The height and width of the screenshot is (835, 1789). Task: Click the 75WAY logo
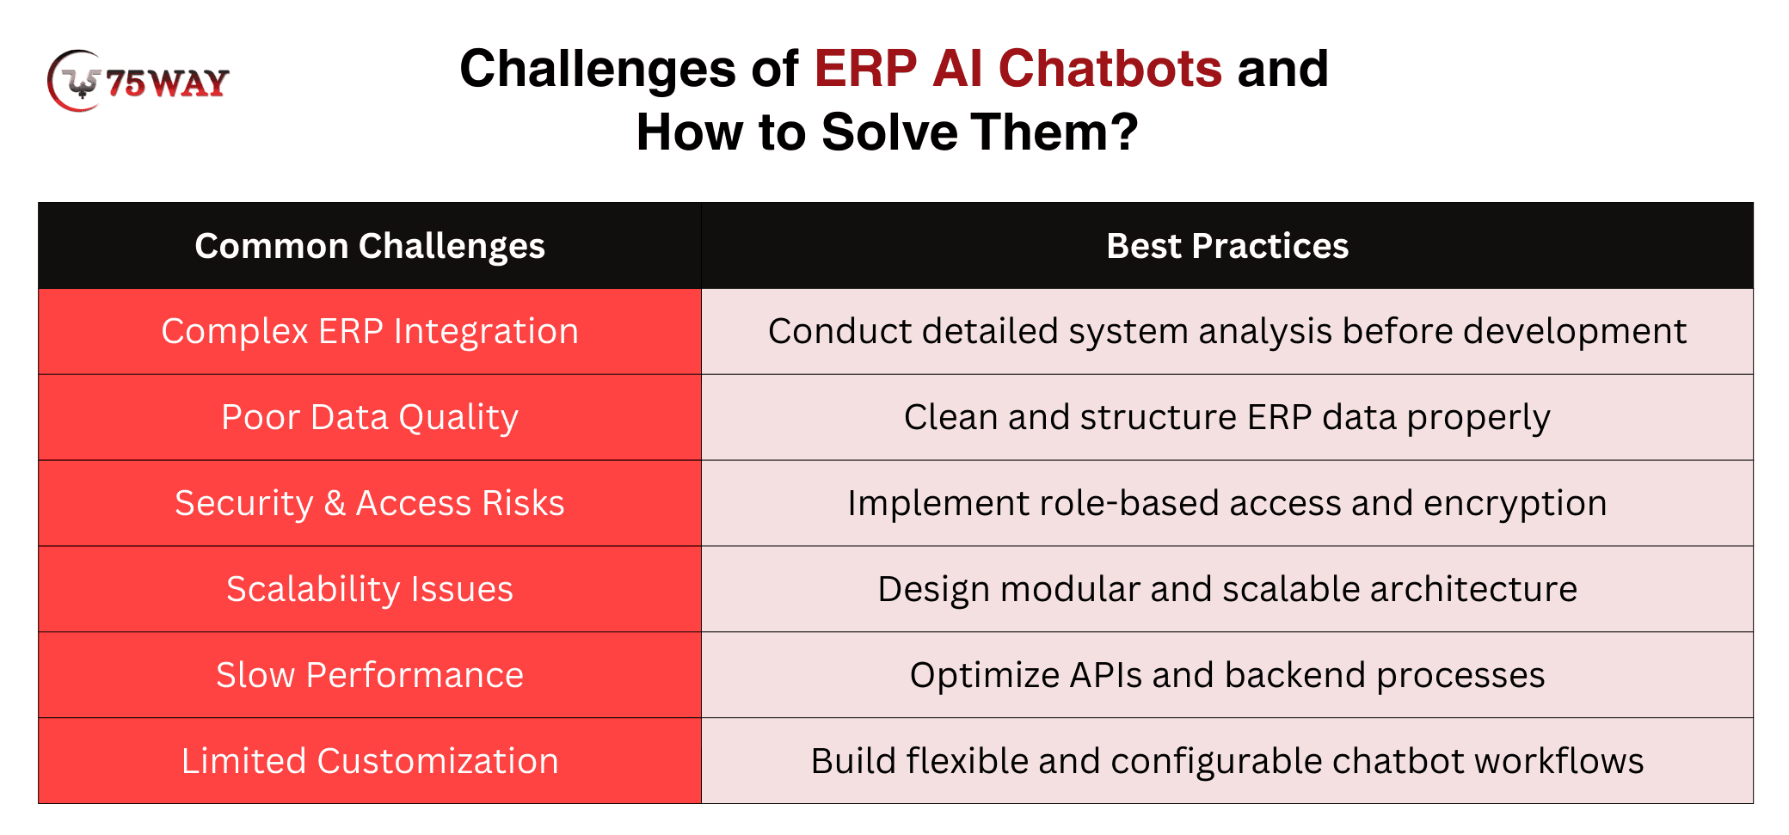[x=138, y=81]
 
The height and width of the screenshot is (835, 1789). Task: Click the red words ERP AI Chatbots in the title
[x=1018, y=68]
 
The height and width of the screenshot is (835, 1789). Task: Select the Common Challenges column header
[x=370, y=246]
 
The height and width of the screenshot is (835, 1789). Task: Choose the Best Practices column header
[x=1227, y=246]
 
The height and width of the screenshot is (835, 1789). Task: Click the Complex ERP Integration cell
[x=370, y=331]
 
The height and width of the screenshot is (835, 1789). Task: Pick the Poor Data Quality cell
[x=370, y=417]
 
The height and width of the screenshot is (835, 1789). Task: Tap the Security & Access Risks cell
[x=370, y=503]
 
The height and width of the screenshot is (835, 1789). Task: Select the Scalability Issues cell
[x=370, y=589]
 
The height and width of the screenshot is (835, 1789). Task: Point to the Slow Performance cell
[x=370, y=675]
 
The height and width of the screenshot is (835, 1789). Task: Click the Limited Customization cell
[x=370, y=761]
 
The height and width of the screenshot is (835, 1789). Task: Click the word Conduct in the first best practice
[x=827, y=331]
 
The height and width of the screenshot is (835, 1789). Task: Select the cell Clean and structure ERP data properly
[x=1227, y=417]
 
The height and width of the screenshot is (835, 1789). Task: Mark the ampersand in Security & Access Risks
[x=335, y=503]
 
